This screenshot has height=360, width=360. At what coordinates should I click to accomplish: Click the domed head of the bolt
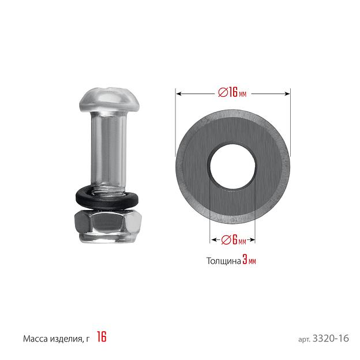[110, 99]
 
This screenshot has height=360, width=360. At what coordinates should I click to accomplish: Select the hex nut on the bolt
[108, 226]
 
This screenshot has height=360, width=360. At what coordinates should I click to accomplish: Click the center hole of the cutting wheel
[232, 167]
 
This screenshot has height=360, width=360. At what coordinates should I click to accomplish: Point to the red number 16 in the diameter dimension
[232, 92]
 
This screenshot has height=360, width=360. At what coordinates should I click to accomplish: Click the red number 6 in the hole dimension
[235, 239]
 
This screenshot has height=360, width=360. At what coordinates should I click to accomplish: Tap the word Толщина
[224, 261]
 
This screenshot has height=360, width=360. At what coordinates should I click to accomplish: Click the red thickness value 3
[245, 260]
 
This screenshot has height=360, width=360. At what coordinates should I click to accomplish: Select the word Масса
[36, 339]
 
